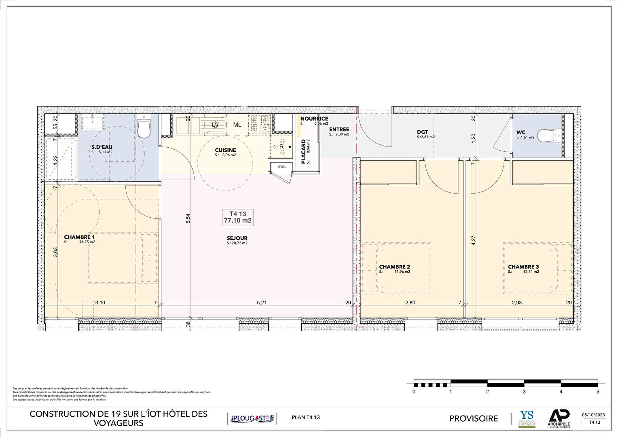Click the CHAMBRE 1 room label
[80, 237]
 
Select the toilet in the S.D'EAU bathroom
[144, 127]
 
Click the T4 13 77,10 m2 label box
[238, 217]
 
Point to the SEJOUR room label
[237, 238]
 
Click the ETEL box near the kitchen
[282, 167]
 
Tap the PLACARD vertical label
[303, 152]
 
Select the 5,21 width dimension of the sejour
[262, 302]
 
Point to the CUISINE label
[225, 151]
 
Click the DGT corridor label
[422, 132]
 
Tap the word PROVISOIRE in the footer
[474, 418]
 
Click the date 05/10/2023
[593, 415]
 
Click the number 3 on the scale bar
[524, 392]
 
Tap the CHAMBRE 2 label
[394, 267]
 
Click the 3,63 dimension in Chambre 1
[56, 252]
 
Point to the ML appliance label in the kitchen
[237, 125]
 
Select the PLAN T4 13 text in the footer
[305, 417]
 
